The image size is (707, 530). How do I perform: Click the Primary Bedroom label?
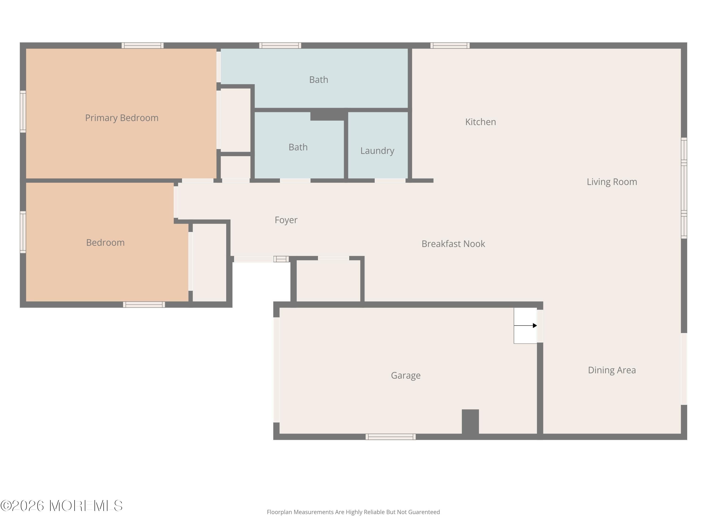122,118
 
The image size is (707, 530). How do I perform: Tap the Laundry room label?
377,151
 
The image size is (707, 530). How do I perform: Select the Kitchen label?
480,122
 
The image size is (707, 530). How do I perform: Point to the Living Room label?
612,182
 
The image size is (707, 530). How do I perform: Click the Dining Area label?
612,370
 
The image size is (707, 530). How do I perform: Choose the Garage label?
406,375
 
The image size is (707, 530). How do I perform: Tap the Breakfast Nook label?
453,244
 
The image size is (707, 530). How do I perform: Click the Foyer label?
286,220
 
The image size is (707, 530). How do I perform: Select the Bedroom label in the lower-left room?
105,242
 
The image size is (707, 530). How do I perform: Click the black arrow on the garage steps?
526,326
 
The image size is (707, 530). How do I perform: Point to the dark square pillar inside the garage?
470,421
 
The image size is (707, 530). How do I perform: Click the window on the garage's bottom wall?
390,437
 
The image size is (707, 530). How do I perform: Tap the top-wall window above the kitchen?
450,45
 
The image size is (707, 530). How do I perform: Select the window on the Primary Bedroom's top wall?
143,45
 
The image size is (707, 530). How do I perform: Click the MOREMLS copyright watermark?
61,506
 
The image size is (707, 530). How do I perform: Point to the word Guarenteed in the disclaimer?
424,512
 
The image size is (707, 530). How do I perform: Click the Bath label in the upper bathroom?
319,80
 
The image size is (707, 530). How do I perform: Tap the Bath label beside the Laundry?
298,147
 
